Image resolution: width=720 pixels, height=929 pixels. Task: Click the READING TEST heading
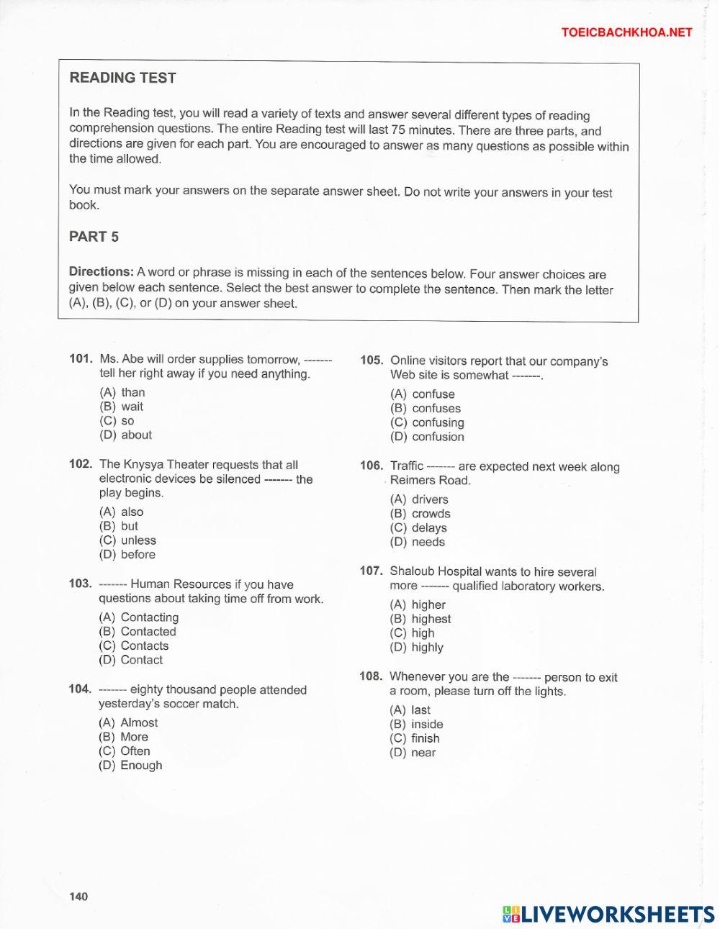[x=122, y=78]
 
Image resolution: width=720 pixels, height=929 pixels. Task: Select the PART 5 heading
[x=94, y=236]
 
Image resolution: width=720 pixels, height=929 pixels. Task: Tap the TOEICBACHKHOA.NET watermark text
[x=626, y=32]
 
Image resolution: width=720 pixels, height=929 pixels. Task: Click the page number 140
[x=78, y=896]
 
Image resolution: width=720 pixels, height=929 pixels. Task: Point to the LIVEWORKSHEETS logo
[x=608, y=914]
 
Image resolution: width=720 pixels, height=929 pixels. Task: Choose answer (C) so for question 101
[x=117, y=421]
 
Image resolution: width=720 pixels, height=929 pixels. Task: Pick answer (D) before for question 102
[x=127, y=555]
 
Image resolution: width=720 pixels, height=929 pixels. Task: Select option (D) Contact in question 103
[x=131, y=660]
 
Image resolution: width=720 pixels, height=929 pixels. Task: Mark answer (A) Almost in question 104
[x=128, y=722]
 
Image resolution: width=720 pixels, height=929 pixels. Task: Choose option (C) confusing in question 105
[x=427, y=422]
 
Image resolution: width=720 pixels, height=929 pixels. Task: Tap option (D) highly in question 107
[x=417, y=647]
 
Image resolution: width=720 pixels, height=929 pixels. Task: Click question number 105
[x=372, y=361]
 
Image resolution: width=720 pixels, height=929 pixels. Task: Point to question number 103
[x=81, y=584]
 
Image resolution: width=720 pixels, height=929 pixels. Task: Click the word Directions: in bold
[x=101, y=272]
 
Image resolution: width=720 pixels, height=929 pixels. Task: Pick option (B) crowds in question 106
[x=420, y=514]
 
